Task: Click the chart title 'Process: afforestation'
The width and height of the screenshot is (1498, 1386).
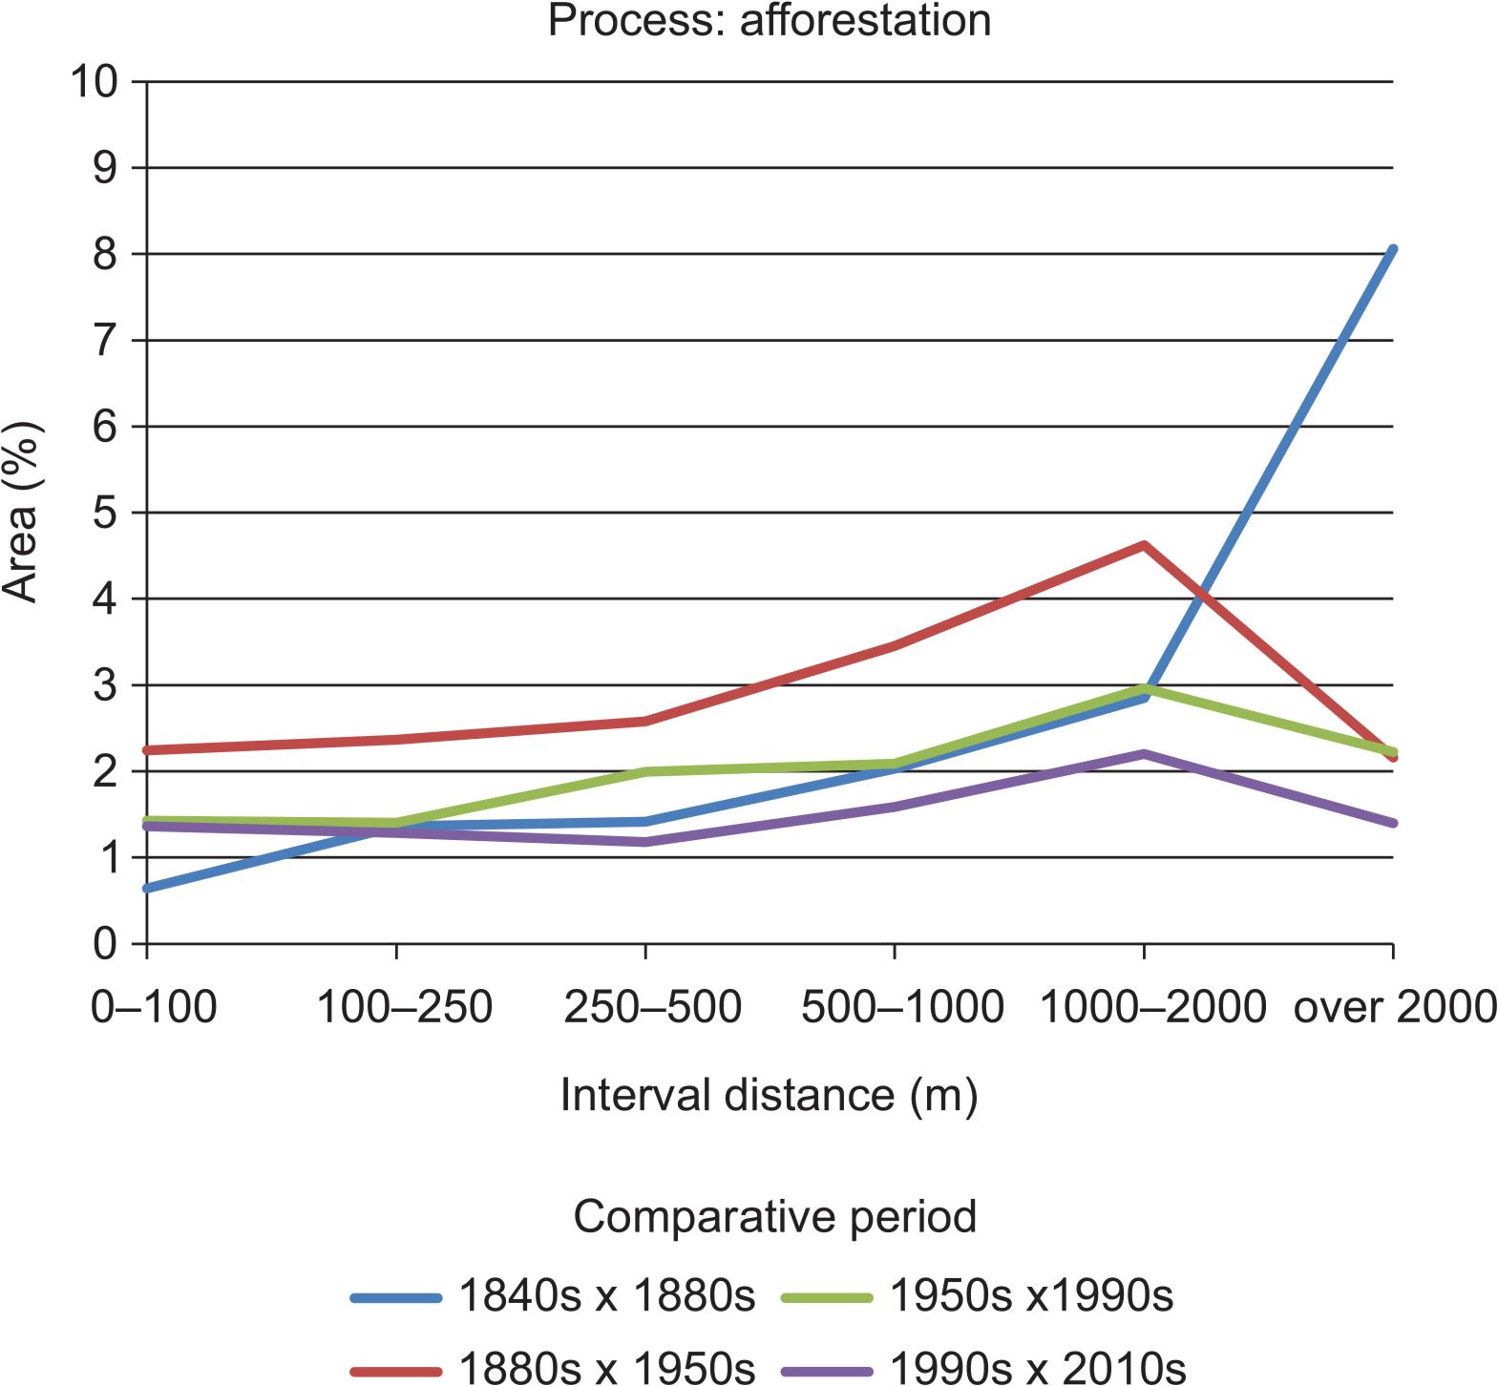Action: [770, 19]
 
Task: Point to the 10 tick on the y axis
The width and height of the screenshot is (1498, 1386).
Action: [95, 82]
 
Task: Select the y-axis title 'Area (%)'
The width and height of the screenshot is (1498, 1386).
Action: [21, 513]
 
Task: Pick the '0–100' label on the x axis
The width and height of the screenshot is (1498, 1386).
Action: [153, 1007]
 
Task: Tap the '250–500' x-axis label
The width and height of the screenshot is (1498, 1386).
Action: [652, 1007]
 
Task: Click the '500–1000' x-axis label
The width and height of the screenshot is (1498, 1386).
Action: [902, 1007]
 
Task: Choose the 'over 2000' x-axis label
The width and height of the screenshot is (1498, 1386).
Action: [1393, 1007]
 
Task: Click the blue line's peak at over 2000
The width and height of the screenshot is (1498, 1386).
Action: [1393, 250]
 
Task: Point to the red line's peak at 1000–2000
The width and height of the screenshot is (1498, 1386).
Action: [1144, 545]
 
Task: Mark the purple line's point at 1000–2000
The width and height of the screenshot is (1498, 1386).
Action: [1144, 754]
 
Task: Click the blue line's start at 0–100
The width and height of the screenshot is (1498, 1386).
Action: [148, 889]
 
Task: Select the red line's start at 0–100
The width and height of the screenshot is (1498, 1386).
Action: [148, 750]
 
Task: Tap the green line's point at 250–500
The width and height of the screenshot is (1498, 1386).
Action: [646, 771]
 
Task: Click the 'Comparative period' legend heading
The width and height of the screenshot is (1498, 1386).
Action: [774, 1217]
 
